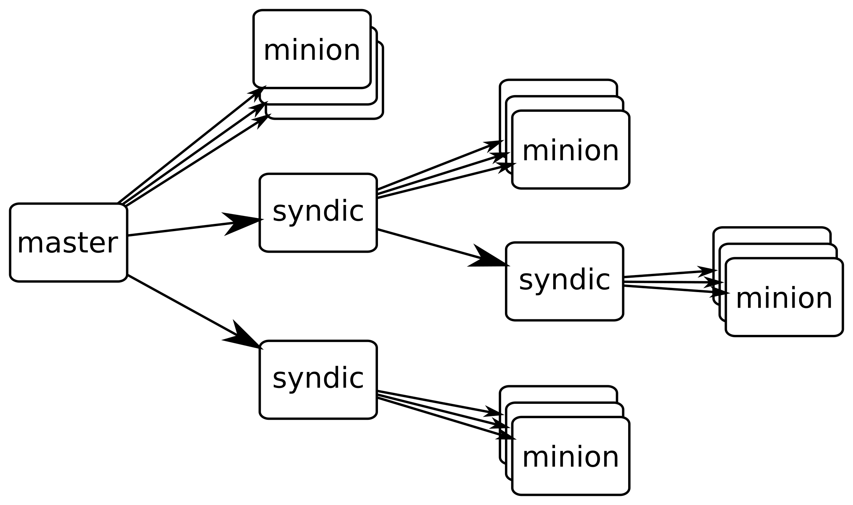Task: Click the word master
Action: pos(67,243)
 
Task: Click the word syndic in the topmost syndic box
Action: pos(318,211)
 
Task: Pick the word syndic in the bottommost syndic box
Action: pos(318,378)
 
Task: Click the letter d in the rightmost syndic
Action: pos(581,279)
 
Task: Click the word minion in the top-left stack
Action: pos(312,50)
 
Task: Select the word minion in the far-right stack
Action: pos(784,299)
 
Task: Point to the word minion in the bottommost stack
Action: pos(571,457)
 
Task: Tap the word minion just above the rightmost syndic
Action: pos(571,151)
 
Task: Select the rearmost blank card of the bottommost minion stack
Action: pos(557,394)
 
